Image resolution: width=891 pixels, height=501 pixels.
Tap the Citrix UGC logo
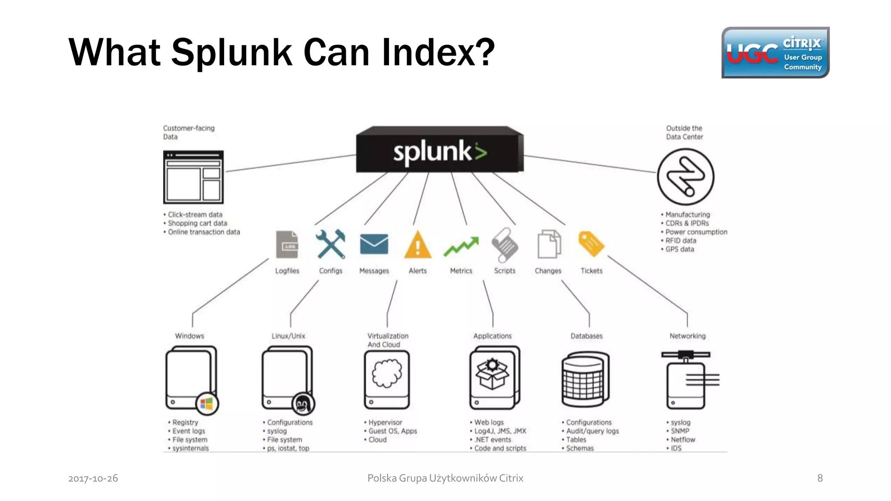tap(775, 53)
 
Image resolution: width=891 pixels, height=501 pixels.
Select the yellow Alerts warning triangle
tap(418, 245)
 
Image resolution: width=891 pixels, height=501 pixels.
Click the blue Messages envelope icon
tap(374, 244)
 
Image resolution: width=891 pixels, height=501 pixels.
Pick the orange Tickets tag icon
tap(591, 244)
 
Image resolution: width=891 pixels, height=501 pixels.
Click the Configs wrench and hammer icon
tap(331, 244)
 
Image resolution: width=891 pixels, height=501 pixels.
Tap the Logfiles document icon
tap(287, 244)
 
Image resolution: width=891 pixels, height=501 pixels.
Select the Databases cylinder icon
tap(585, 378)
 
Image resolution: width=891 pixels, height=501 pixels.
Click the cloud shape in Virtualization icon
tap(386, 373)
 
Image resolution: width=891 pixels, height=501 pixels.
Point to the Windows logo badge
tap(207, 404)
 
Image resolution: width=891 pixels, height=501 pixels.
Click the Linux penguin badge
tap(303, 404)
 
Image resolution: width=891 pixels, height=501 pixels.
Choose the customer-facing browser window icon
tap(193, 177)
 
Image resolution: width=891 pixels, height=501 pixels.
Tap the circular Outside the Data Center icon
tap(685, 177)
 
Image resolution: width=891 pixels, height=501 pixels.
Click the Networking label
tap(687, 336)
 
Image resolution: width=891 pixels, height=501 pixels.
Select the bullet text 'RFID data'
tap(680, 240)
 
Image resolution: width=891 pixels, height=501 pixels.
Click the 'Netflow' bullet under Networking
tap(683, 440)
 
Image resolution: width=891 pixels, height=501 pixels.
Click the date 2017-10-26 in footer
tap(93, 478)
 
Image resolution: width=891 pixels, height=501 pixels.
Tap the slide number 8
tap(820, 478)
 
